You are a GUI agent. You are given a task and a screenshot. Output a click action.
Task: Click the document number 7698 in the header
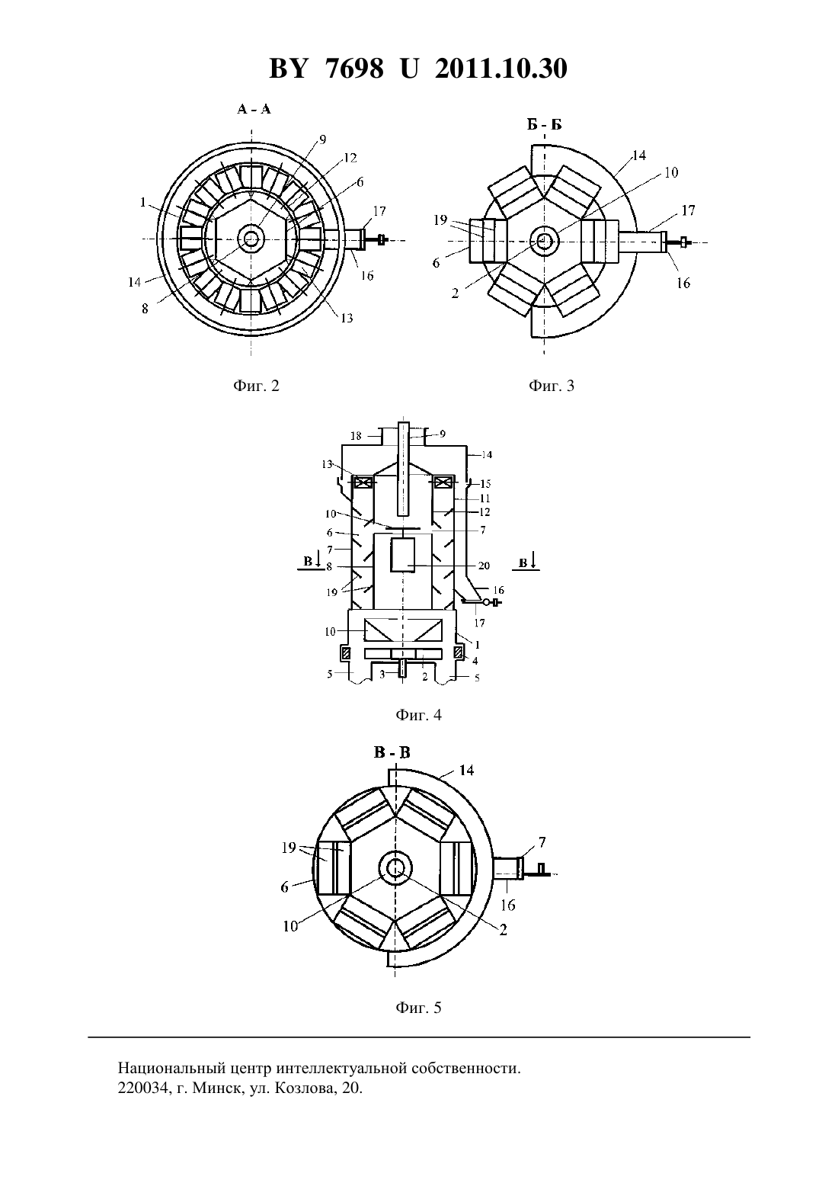point(354,69)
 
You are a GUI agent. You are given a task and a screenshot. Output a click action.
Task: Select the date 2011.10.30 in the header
point(501,69)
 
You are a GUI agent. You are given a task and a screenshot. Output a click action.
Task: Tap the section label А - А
point(254,109)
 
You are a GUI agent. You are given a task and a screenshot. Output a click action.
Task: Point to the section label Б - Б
point(545,125)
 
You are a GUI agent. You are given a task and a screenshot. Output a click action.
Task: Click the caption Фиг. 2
point(256,386)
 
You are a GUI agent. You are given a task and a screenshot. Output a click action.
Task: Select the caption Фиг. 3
point(552,386)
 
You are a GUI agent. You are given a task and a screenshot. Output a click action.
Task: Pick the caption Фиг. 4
point(418,715)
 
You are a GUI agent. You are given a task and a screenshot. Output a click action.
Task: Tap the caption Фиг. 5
point(418,1007)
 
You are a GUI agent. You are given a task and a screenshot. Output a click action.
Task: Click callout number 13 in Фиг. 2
point(347,318)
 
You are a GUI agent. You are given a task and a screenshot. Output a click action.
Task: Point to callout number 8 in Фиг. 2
point(145,309)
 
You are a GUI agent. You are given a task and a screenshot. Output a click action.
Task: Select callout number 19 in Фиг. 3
point(440,220)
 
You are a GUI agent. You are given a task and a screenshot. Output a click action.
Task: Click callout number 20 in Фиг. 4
point(484,566)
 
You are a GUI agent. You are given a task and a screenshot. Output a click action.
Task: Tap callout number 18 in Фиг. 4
point(356,436)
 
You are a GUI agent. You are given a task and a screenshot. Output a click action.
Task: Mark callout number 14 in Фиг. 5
point(466,770)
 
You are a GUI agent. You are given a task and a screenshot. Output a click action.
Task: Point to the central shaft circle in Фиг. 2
point(251,239)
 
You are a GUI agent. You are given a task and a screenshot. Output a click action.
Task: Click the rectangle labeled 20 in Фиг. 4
point(402,554)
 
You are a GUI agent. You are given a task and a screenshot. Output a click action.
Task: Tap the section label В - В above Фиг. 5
point(392,752)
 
